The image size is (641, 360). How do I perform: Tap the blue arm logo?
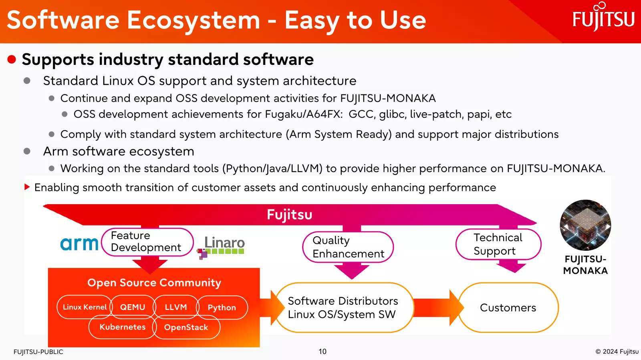click(x=79, y=244)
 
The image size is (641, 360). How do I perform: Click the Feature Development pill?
click(x=147, y=241)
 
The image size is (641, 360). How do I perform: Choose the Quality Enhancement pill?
click(x=348, y=247)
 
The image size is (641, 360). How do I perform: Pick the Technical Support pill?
click(x=498, y=244)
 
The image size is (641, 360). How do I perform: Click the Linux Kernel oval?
click(x=85, y=307)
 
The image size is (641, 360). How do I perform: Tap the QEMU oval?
click(x=133, y=307)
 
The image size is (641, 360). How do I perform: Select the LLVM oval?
click(x=176, y=307)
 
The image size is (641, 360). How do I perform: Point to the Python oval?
click(x=222, y=308)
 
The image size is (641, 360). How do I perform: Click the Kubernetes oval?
click(x=123, y=327)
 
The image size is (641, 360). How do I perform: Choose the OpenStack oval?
click(x=186, y=327)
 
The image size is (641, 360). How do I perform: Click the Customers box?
click(x=508, y=308)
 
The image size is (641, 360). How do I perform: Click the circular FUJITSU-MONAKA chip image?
click(x=585, y=225)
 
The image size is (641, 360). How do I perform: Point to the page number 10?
click(x=323, y=352)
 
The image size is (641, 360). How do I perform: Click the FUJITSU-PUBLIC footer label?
click(x=38, y=352)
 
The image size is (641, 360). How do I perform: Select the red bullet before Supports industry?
click(x=12, y=60)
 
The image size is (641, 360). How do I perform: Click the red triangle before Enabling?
click(x=27, y=187)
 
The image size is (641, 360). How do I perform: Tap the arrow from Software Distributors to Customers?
click(x=439, y=308)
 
